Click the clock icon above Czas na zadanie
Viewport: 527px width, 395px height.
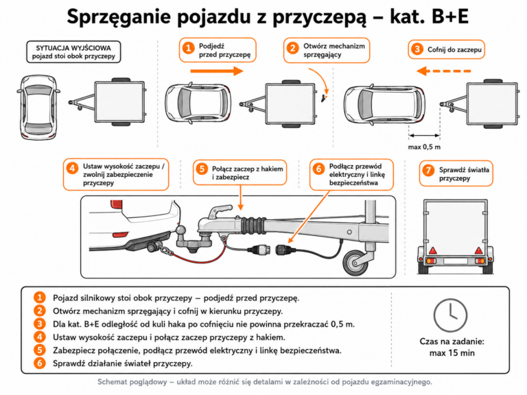[450, 315]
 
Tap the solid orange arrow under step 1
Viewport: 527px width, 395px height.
[217, 71]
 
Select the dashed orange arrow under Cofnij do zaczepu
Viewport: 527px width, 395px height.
[444, 71]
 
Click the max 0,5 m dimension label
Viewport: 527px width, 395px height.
[424, 147]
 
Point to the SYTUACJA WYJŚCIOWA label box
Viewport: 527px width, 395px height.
[73, 52]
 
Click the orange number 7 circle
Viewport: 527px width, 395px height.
[428, 170]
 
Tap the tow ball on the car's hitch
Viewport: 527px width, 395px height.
[181, 230]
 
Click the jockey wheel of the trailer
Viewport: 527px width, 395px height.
[355, 262]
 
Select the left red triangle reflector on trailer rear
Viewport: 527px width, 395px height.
[432, 250]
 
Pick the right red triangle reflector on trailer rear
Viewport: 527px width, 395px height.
[478, 250]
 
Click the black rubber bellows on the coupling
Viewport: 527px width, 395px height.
[253, 226]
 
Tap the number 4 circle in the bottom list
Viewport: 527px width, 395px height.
[40, 337]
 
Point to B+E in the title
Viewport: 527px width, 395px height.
[450, 16]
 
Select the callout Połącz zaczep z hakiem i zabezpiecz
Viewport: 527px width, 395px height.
[240, 173]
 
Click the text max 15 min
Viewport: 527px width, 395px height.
[452, 353]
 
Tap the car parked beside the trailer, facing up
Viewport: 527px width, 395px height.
[38, 107]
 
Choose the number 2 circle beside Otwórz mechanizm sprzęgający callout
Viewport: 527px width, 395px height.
[293, 49]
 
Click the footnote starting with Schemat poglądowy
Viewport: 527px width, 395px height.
[265, 382]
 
